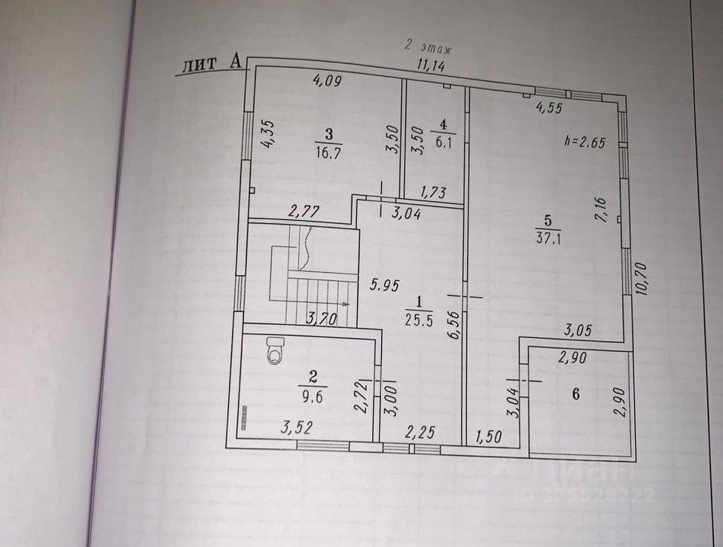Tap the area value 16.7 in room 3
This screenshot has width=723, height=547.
click(x=328, y=150)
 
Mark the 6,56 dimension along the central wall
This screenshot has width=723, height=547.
click(x=454, y=328)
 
